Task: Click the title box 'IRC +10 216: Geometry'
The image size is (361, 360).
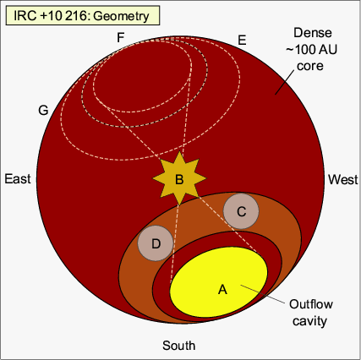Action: coord(83,15)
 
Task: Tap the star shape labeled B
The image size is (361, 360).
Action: coord(179,178)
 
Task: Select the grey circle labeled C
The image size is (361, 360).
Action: coord(241,211)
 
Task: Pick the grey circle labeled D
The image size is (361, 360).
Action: coord(156,243)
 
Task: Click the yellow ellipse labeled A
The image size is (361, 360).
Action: coord(219,282)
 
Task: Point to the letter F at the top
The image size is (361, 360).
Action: coord(121,37)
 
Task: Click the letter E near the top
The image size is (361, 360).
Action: coord(242,41)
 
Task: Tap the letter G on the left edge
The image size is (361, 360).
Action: coord(43,110)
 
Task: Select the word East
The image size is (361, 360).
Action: coord(18,179)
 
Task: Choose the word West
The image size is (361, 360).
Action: coord(343,179)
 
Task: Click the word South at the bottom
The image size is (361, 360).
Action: coord(179,346)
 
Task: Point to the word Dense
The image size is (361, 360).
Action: coord(313,33)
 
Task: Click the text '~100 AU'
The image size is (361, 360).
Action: coord(311,50)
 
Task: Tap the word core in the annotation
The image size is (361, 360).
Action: coord(310,66)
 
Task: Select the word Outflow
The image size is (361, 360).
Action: coord(311,304)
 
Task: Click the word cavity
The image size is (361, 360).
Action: coord(309,321)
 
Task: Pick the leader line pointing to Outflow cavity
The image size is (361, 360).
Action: coord(262,295)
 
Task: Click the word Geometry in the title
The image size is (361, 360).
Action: coord(121,16)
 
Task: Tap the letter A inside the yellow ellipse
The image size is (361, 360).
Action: coord(222,289)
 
